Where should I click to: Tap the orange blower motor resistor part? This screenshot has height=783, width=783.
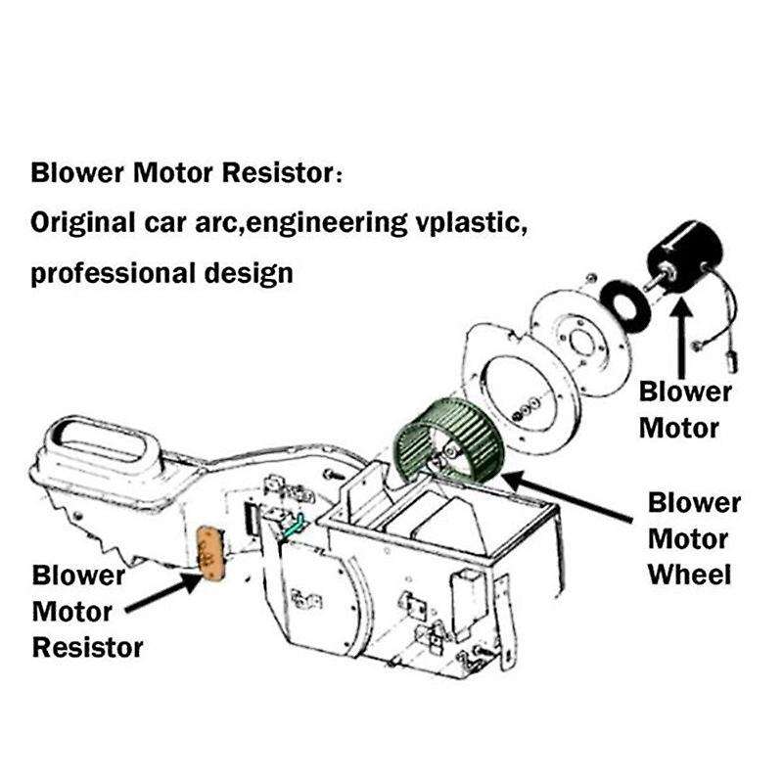pos(209,553)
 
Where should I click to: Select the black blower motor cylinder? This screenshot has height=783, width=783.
pos(686,254)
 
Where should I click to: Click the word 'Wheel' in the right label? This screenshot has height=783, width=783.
pos(689,574)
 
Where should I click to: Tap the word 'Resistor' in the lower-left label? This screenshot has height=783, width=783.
pos(88,647)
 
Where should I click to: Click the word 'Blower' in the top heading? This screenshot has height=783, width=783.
pos(78,173)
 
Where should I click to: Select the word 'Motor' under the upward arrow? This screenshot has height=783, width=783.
pos(680,428)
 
